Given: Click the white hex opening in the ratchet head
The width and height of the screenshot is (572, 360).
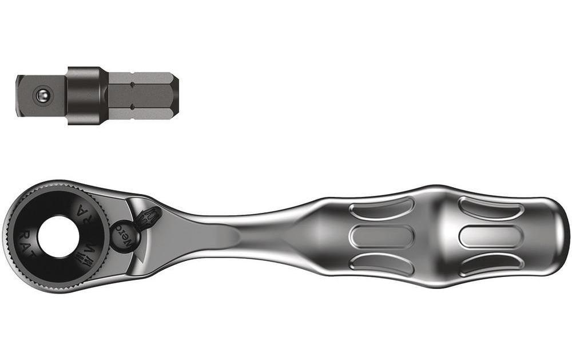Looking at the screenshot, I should [x=58, y=236].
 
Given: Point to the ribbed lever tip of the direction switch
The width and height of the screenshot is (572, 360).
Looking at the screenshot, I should [x=150, y=217].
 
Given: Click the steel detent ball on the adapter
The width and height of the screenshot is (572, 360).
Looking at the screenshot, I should [x=42, y=96].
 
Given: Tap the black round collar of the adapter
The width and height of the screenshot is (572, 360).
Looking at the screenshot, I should [x=86, y=95].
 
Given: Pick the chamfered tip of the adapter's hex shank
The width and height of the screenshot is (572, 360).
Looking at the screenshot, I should [x=174, y=95].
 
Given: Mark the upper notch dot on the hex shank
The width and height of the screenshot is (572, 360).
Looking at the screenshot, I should [x=133, y=84].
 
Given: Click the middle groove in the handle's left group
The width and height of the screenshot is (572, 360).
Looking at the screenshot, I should [x=382, y=236].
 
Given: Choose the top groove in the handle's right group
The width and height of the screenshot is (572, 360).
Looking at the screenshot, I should [x=491, y=208].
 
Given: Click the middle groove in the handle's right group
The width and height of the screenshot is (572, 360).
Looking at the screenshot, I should [x=491, y=236].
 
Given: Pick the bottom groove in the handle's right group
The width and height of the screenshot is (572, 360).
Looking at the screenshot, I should [x=491, y=263].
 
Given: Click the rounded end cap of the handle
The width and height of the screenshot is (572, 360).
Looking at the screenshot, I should [x=558, y=235].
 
